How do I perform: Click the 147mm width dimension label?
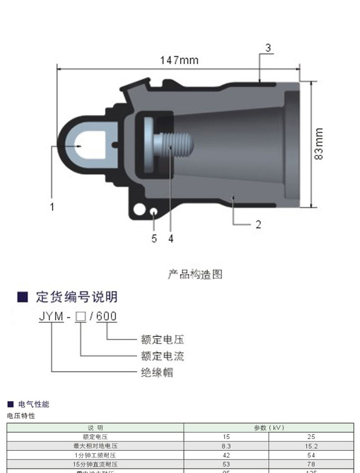179,60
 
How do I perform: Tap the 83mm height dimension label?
319,144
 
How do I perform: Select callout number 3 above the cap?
268,48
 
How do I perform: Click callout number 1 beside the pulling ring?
52,207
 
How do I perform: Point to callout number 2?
258,224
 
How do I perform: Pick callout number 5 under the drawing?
154,239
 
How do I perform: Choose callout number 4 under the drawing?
171,239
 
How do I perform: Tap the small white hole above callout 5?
154,212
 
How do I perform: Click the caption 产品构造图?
195,274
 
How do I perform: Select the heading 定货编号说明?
77,297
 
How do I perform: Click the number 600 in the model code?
107,316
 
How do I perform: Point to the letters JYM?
51,316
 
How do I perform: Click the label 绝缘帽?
157,372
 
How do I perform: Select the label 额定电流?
162,356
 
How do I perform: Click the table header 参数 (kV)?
269,428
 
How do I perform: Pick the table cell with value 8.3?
226,446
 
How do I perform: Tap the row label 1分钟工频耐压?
95,455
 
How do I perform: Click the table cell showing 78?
311,464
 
